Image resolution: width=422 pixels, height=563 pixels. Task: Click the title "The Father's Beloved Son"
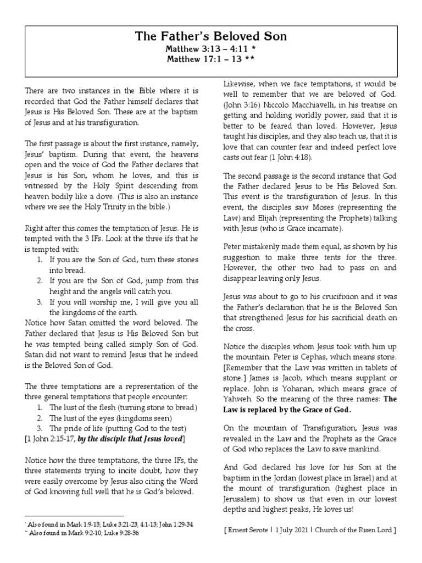pyautogui.click(x=211, y=37)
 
